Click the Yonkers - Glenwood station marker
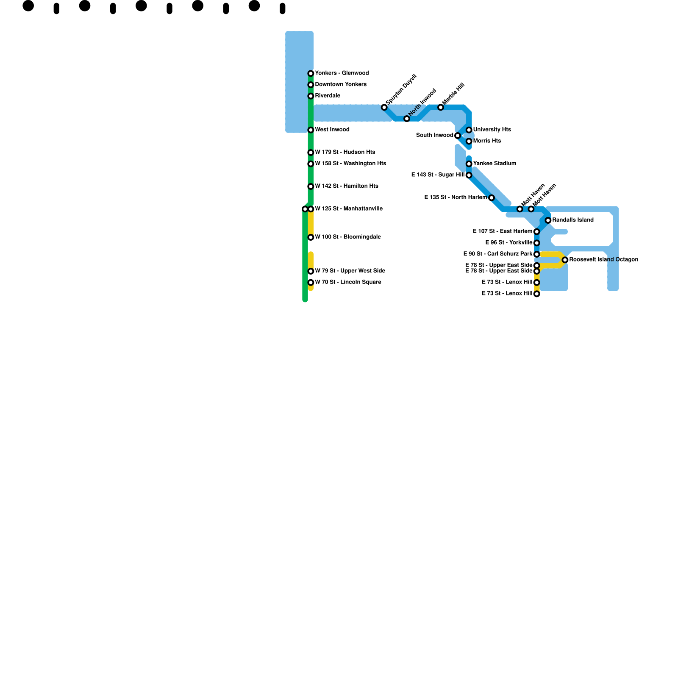coord(311,73)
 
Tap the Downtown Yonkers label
coord(341,84)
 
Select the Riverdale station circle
coord(311,96)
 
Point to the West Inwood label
coord(332,130)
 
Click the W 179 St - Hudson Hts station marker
coord(311,153)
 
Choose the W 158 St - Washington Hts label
coord(350,164)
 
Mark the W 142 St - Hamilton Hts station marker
coord(311,186)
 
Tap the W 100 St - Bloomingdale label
coord(348,237)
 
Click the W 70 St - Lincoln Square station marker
coord(311,283)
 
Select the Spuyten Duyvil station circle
coord(384,107)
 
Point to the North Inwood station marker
coord(407,119)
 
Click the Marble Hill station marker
coord(441,107)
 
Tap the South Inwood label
coord(434,136)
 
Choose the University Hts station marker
coord(469,130)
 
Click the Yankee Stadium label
coord(495,164)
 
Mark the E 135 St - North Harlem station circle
coord(492,198)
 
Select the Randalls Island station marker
coord(548,220)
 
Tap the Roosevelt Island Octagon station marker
coord(565,260)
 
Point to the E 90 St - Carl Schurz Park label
coord(497,254)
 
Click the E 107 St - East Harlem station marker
coord(537,232)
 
